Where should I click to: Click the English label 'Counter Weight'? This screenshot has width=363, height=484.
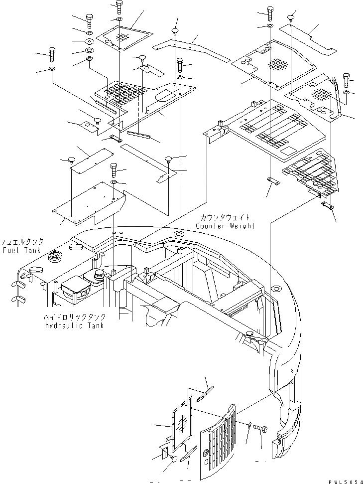click(x=225, y=226)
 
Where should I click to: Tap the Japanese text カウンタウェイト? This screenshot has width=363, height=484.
click(x=225, y=218)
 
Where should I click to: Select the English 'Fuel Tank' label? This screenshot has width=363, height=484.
click(x=20, y=249)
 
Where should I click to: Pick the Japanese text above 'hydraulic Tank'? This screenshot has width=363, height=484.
click(x=73, y=317)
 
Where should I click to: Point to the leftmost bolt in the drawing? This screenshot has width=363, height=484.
click(x=52, y=52)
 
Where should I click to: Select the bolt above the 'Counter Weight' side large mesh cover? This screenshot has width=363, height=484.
click(x=269, y=12)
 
